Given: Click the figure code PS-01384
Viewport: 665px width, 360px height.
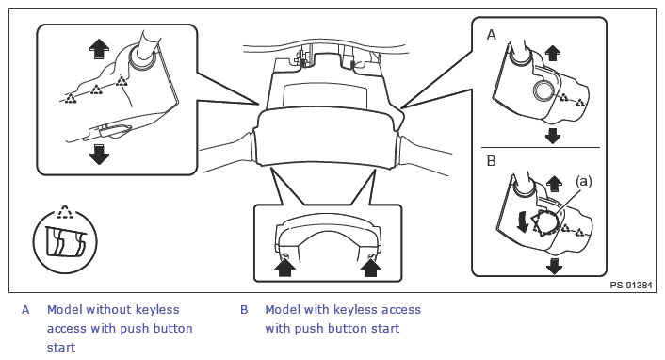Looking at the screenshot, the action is pos(631,286).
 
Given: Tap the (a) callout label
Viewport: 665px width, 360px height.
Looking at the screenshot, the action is pos(584,181).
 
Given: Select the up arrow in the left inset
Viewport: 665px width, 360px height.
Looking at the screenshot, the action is pos(100,48).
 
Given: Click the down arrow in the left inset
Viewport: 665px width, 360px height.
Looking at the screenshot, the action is pos(100,155).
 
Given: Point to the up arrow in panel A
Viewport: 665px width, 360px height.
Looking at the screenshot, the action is pos(552,54).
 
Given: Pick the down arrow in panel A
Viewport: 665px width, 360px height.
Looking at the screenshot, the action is pos(552,136).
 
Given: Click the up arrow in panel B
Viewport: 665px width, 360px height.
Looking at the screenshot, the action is pos(554,185).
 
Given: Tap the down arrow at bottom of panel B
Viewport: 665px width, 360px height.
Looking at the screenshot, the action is pos(554,266).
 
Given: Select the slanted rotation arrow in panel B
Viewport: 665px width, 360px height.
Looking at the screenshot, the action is pos(523,222).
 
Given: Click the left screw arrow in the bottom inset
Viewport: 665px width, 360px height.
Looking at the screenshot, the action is pos(285,268).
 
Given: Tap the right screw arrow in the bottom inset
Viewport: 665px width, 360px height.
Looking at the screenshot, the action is pos(370,268).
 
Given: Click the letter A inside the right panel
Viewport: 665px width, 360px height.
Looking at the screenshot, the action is pos(491,35).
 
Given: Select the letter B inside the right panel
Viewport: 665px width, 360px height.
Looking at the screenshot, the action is pos(491,161).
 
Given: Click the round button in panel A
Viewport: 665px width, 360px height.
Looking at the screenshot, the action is pos(543,90).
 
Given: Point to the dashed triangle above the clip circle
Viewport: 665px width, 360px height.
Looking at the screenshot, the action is pos(65,212).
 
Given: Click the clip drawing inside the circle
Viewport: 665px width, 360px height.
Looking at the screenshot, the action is pos(65,242).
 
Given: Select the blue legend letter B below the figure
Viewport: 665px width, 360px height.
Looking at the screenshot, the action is pos(244,310).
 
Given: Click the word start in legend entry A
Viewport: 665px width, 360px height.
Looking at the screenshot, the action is pos(61,347).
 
